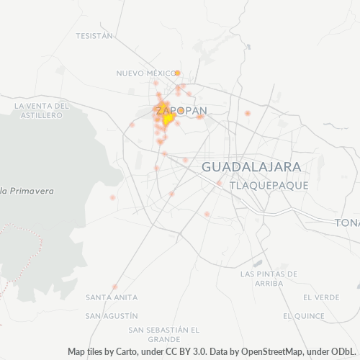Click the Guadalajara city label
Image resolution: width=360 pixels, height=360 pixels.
click(251, 166)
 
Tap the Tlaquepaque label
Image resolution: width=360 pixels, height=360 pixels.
click(269, 185)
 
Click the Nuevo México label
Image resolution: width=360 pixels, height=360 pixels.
click(146, 73)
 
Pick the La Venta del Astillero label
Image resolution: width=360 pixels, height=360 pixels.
click(42, 110)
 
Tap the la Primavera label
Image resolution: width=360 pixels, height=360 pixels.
click(27, 191)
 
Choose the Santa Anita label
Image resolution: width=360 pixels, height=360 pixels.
click(107, 297)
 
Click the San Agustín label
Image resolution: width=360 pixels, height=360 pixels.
click(111, 315)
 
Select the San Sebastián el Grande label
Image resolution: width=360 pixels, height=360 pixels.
click(163, 334)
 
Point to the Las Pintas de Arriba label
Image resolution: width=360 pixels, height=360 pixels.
click(269, 279)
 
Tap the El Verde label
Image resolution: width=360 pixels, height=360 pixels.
click(321, 297)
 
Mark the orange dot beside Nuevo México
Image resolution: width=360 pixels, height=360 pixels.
click(177, 73)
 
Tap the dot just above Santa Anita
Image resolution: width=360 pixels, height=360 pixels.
click(114, 287)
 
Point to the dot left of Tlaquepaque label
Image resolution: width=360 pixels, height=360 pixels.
click(219, 183)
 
